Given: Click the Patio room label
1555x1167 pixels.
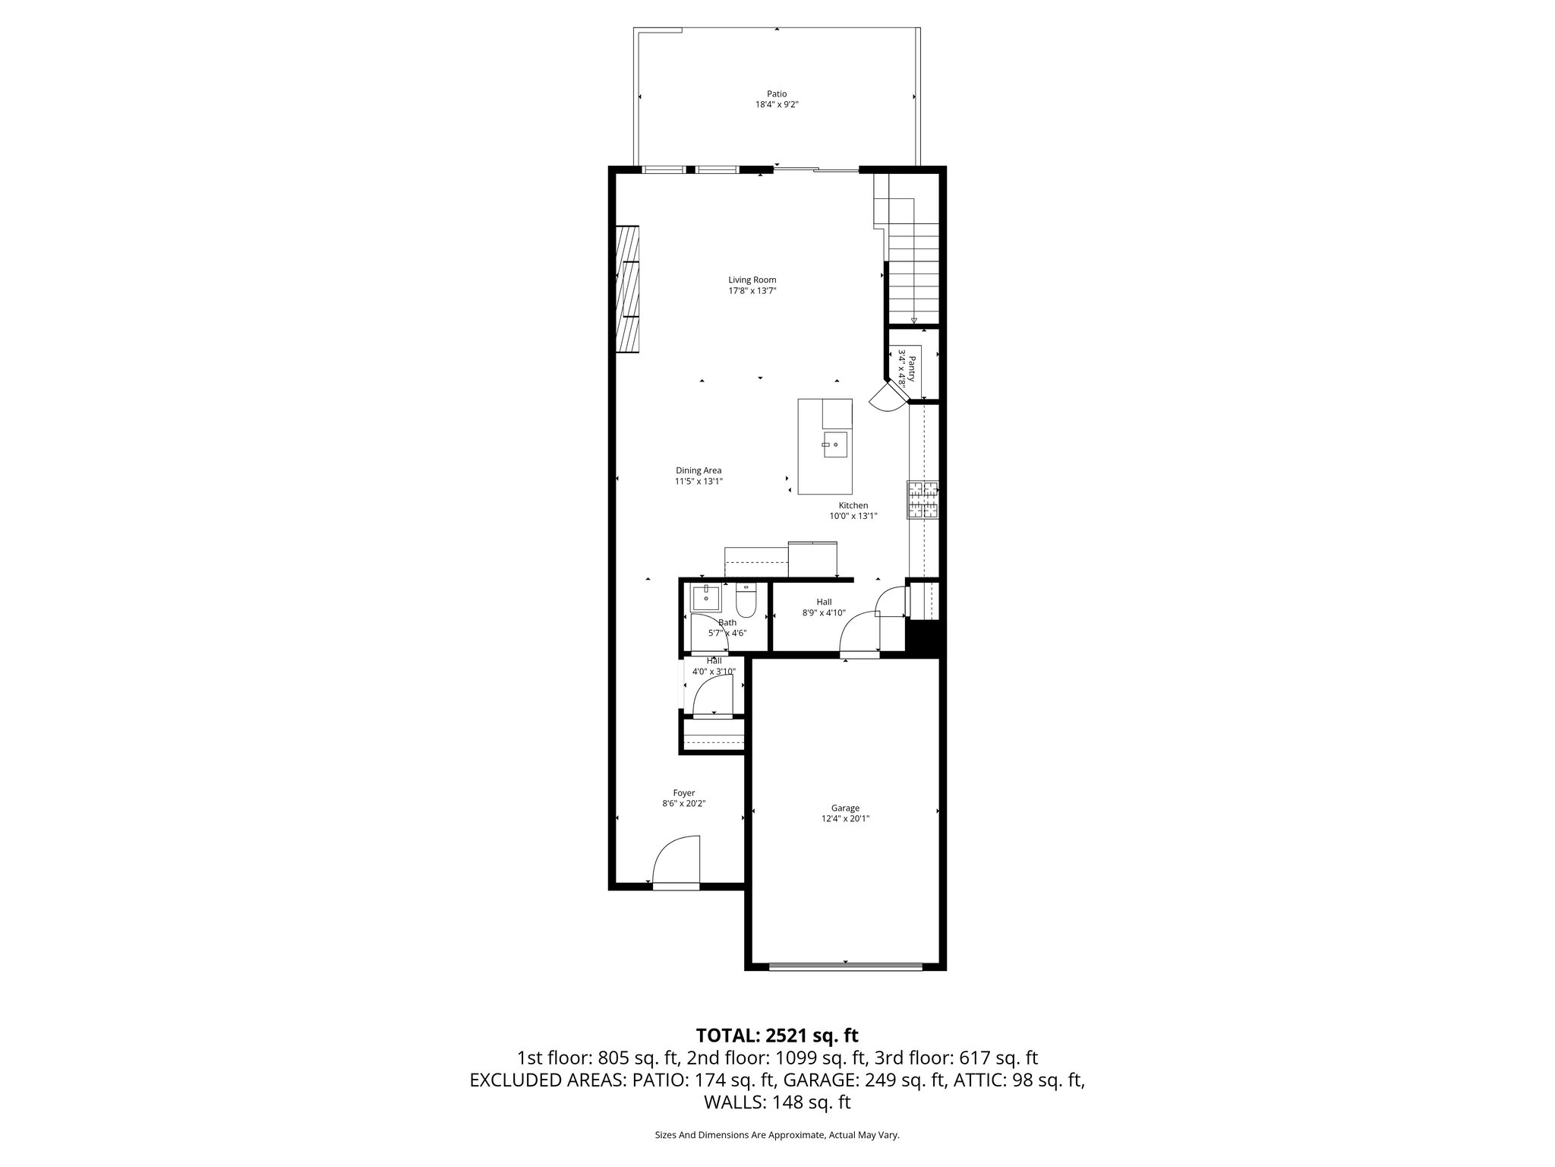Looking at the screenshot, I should pyautogui.click(x=776, y=94).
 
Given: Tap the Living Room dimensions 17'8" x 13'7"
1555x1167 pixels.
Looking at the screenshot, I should pyautogui.click(x=752, y=291).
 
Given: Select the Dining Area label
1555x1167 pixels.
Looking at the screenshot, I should pyautogui.click(x=699, y=470).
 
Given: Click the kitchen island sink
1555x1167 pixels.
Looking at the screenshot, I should pyautogui.click(x=835, y=444).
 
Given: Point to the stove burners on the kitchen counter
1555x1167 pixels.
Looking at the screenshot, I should pyautogui.click(x=923, y=500).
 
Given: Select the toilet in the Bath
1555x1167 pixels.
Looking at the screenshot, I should pyautogui.click(x=746, y=602).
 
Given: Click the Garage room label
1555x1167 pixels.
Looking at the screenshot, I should pyautogui.click(x=844, y=808).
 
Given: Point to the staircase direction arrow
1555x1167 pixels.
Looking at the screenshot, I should pyautogui.click(x=913, y=321).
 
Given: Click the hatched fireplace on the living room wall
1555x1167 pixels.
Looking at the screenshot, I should pyautogui.click(x=626, y=289).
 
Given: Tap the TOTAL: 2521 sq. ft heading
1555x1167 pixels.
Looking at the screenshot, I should pyautogui.click(x=777, y=1035).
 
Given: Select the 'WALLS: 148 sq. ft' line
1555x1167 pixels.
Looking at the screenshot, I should pyautogui.click(x=777, y=1102).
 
